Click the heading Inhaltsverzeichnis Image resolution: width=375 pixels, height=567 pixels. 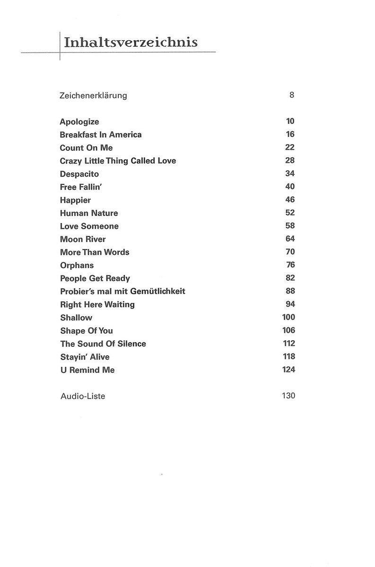131,43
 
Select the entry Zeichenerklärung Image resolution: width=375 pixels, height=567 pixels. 93,95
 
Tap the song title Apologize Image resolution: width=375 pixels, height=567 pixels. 79,122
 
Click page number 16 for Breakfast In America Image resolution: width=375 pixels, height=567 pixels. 290,134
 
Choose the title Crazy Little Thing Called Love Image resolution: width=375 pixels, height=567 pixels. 118,161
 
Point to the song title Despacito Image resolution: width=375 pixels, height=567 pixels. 79,174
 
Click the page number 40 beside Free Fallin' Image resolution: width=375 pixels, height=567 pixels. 290,187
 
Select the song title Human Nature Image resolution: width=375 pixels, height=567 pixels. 89,213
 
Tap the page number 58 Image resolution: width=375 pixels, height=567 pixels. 290,226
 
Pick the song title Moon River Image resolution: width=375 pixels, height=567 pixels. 83,239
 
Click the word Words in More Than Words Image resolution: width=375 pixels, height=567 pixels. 116,252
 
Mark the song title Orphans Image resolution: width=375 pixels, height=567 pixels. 77,265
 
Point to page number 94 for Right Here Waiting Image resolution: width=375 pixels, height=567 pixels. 290,304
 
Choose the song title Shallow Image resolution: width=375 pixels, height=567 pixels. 76,318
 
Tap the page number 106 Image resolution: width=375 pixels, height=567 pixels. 288,330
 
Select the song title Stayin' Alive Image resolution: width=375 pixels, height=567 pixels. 85,357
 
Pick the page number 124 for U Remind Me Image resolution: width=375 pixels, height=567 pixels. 288,369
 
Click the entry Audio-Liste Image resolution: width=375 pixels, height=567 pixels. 83,396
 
